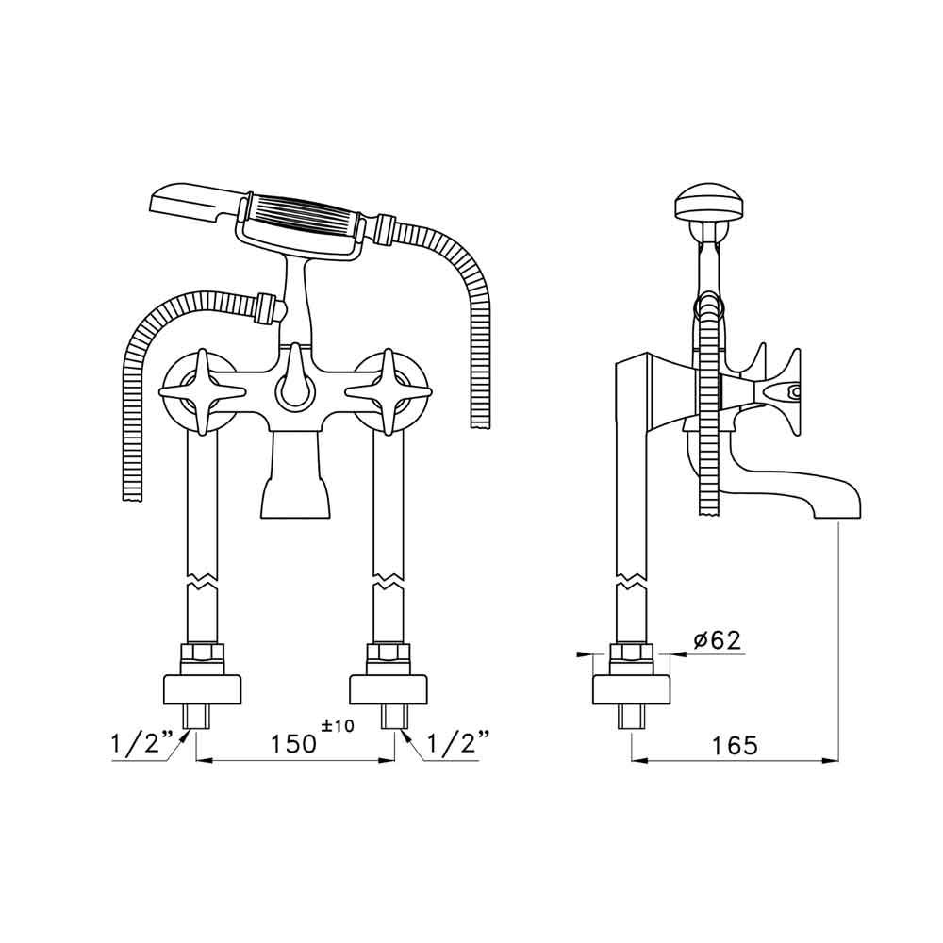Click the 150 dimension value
(288, 744)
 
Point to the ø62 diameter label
(716, 640)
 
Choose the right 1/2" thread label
(456, 744)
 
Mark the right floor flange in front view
(389, 689)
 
